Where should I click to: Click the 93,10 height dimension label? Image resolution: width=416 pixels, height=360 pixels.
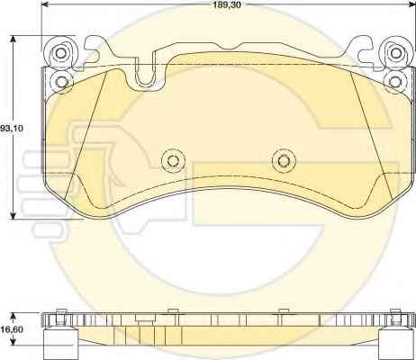coord(12,129)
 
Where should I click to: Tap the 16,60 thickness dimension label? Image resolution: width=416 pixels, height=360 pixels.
coord(12,329)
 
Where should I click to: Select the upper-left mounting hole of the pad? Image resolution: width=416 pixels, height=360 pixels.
coord(61,53)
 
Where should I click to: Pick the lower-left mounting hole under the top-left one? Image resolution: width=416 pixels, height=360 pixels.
coord(61,81)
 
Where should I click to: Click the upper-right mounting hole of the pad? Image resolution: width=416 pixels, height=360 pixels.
coord(396,53)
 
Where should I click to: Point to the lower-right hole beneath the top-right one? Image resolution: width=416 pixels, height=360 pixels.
coord(396,81)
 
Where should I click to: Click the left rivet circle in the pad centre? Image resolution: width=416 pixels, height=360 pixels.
coord(173,160)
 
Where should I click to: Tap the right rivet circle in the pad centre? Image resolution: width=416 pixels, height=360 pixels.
coord(284,160)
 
